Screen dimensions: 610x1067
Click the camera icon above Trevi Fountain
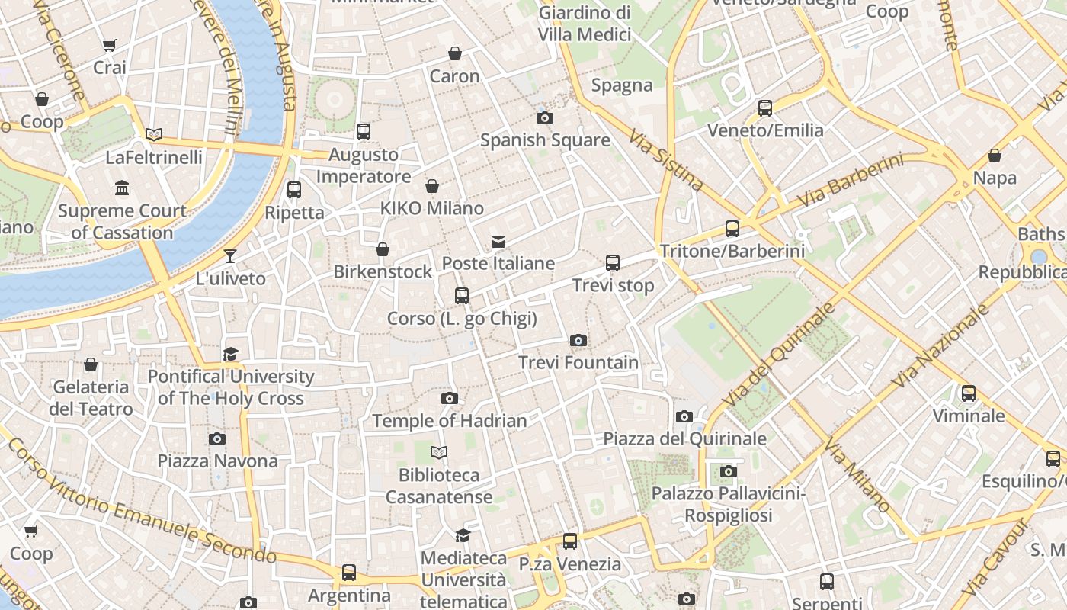coord(578,340)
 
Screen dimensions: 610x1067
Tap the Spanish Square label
coord(545,140)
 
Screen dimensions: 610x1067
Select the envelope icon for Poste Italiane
coord(498,242)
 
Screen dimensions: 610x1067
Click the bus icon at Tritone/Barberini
coord(732,228)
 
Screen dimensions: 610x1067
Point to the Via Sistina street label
coord(666,159)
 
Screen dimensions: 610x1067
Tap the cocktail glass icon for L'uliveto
coord(230,256)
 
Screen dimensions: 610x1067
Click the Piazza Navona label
coord(217,461)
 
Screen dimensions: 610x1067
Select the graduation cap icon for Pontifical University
coord(230,354)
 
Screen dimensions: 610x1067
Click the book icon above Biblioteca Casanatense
coord(438,453)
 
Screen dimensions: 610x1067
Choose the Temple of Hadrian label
coord(450,420)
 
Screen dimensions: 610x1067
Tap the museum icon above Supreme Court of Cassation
coord(122,188)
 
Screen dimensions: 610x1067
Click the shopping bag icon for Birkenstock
coord(383,249)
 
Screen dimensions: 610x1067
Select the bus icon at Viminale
coord(968,393)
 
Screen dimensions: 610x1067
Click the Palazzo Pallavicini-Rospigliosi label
coord(728,505)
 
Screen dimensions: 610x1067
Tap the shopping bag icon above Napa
coord(995,156)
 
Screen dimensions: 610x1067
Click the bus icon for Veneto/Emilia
coord(765,108)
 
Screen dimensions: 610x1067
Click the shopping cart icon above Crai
coord(110,46)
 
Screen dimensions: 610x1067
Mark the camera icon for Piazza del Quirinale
coord(684,416)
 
